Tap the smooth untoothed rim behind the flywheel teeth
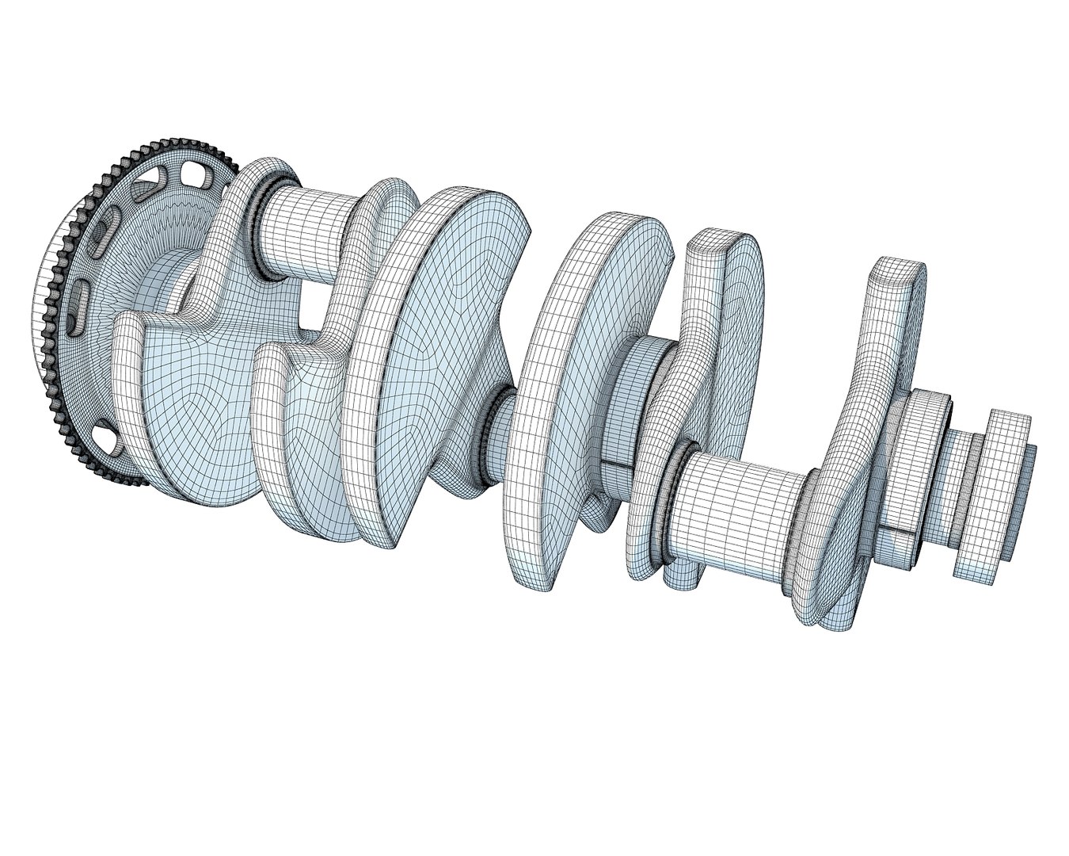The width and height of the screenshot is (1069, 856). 44,317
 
